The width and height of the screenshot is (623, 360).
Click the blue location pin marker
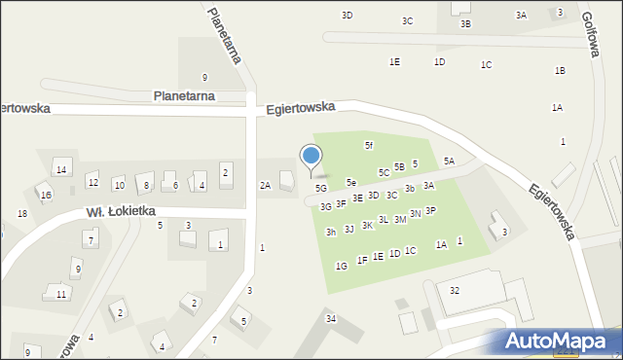(311, 157)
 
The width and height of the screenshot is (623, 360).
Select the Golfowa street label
(588, 36)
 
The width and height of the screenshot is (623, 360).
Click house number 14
(60, 170)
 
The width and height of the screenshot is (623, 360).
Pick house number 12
(92, 182)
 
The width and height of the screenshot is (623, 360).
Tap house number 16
(46, 195)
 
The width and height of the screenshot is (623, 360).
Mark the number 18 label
(21, 214)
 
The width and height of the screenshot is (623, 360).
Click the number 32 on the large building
(455, 291)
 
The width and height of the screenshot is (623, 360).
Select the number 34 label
(331, 319)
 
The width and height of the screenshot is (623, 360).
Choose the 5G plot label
(321, 188)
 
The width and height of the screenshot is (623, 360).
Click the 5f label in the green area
(369, 145)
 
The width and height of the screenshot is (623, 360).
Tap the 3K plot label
(367, 225)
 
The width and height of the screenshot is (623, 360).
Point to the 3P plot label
(430, 210)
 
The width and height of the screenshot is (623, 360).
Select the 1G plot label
(341, 266)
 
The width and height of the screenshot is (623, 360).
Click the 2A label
(265, 185)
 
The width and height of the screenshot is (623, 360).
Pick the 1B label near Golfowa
(560, 71)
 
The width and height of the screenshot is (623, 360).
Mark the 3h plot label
(331, 232)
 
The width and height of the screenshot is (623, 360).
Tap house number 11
(60, 294)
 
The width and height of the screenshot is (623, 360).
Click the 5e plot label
(351, 182)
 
